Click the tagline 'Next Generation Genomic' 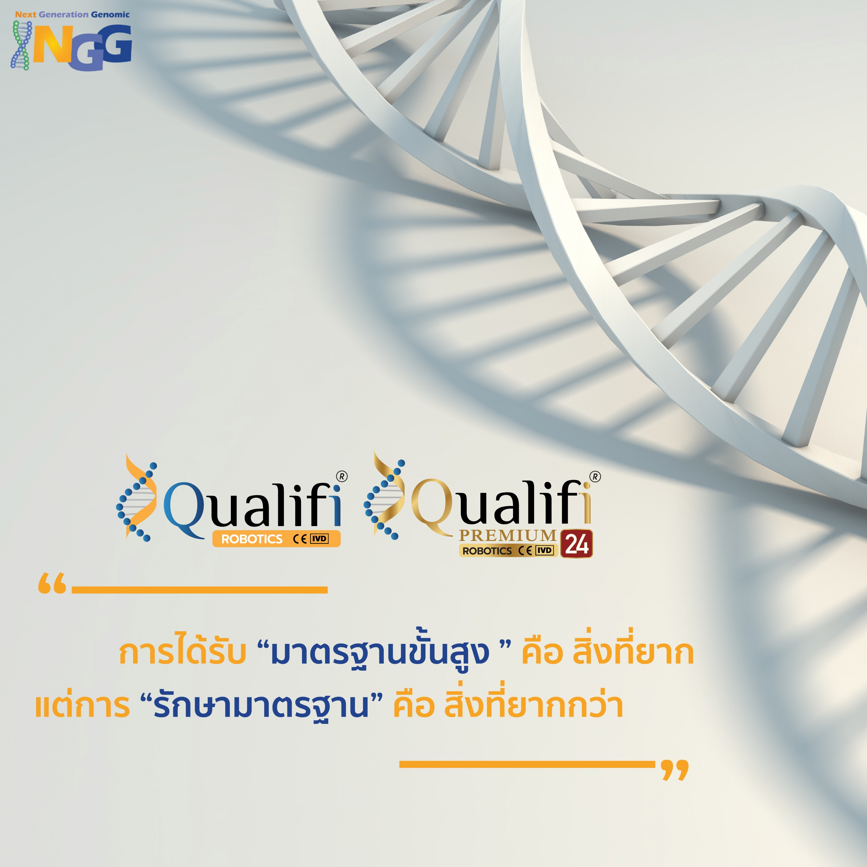[x=72, y=14]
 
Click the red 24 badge [x=577, y=544]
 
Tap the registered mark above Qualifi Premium [x=596, y=477]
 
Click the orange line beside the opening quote [x=200, y=590]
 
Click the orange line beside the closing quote [x=527, y=764]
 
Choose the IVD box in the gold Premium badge [x=545, y=550]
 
